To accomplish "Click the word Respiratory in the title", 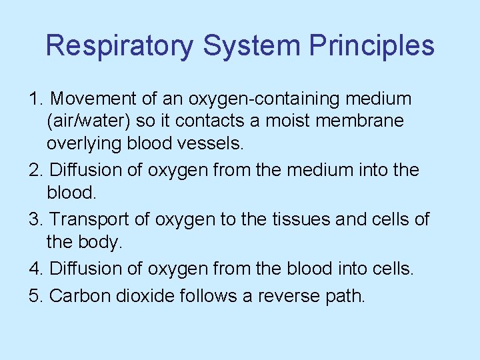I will tap(119, 46).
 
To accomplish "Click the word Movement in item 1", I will tap(93, 99).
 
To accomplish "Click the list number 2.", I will tap(37, 170).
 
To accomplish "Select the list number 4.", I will tap(37, 268).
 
